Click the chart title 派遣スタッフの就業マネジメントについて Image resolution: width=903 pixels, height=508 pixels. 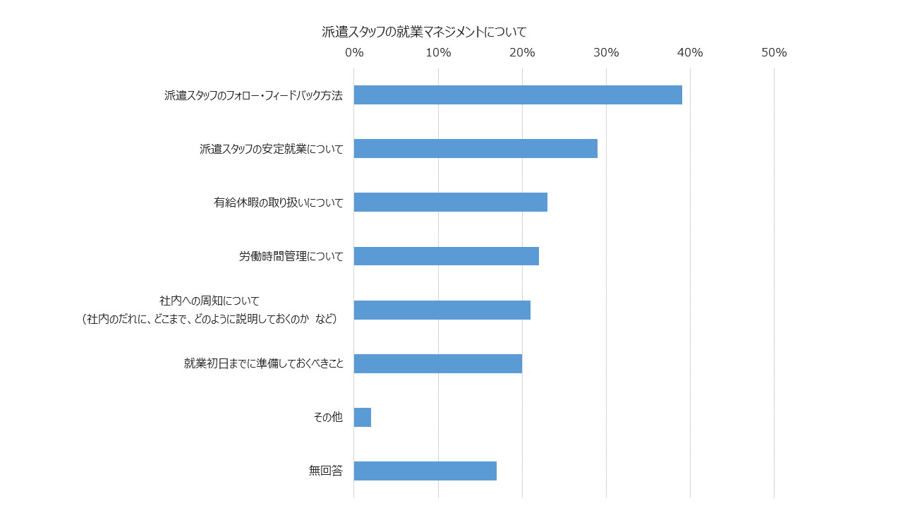coord(424,32)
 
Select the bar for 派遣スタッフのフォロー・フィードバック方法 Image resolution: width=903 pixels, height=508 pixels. coord(518,95)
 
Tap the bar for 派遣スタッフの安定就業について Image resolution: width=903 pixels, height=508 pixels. coord(475,148)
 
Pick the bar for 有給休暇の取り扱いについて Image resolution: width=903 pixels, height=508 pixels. coord(451,202)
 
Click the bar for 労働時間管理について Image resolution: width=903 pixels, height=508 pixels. coord(447,256)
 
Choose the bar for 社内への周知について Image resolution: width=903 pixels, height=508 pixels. coord(442,310)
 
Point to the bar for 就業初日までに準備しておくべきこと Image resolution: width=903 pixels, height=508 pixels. coord(438,363)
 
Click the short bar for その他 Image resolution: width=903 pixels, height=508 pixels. coord(363,417)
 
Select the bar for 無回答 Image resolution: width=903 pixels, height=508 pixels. coord(425,471)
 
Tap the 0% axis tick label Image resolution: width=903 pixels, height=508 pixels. coord(354,52)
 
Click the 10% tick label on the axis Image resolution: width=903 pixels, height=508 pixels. coord(439,52)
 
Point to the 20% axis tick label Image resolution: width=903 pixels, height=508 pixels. coord(523,52)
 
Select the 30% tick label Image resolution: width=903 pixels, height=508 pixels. coord(606,52)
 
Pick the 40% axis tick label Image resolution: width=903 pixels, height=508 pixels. coord(690,52)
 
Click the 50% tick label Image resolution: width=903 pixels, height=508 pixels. coord(774,52)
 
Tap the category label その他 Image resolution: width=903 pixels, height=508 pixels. coord(328,417)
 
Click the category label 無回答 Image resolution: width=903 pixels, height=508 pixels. coord(326,471)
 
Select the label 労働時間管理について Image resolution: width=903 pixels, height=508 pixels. coord(291,256)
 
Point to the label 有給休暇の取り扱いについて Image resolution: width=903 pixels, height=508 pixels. coord(279,202)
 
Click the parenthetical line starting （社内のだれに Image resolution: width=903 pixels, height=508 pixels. coord(210,320)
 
